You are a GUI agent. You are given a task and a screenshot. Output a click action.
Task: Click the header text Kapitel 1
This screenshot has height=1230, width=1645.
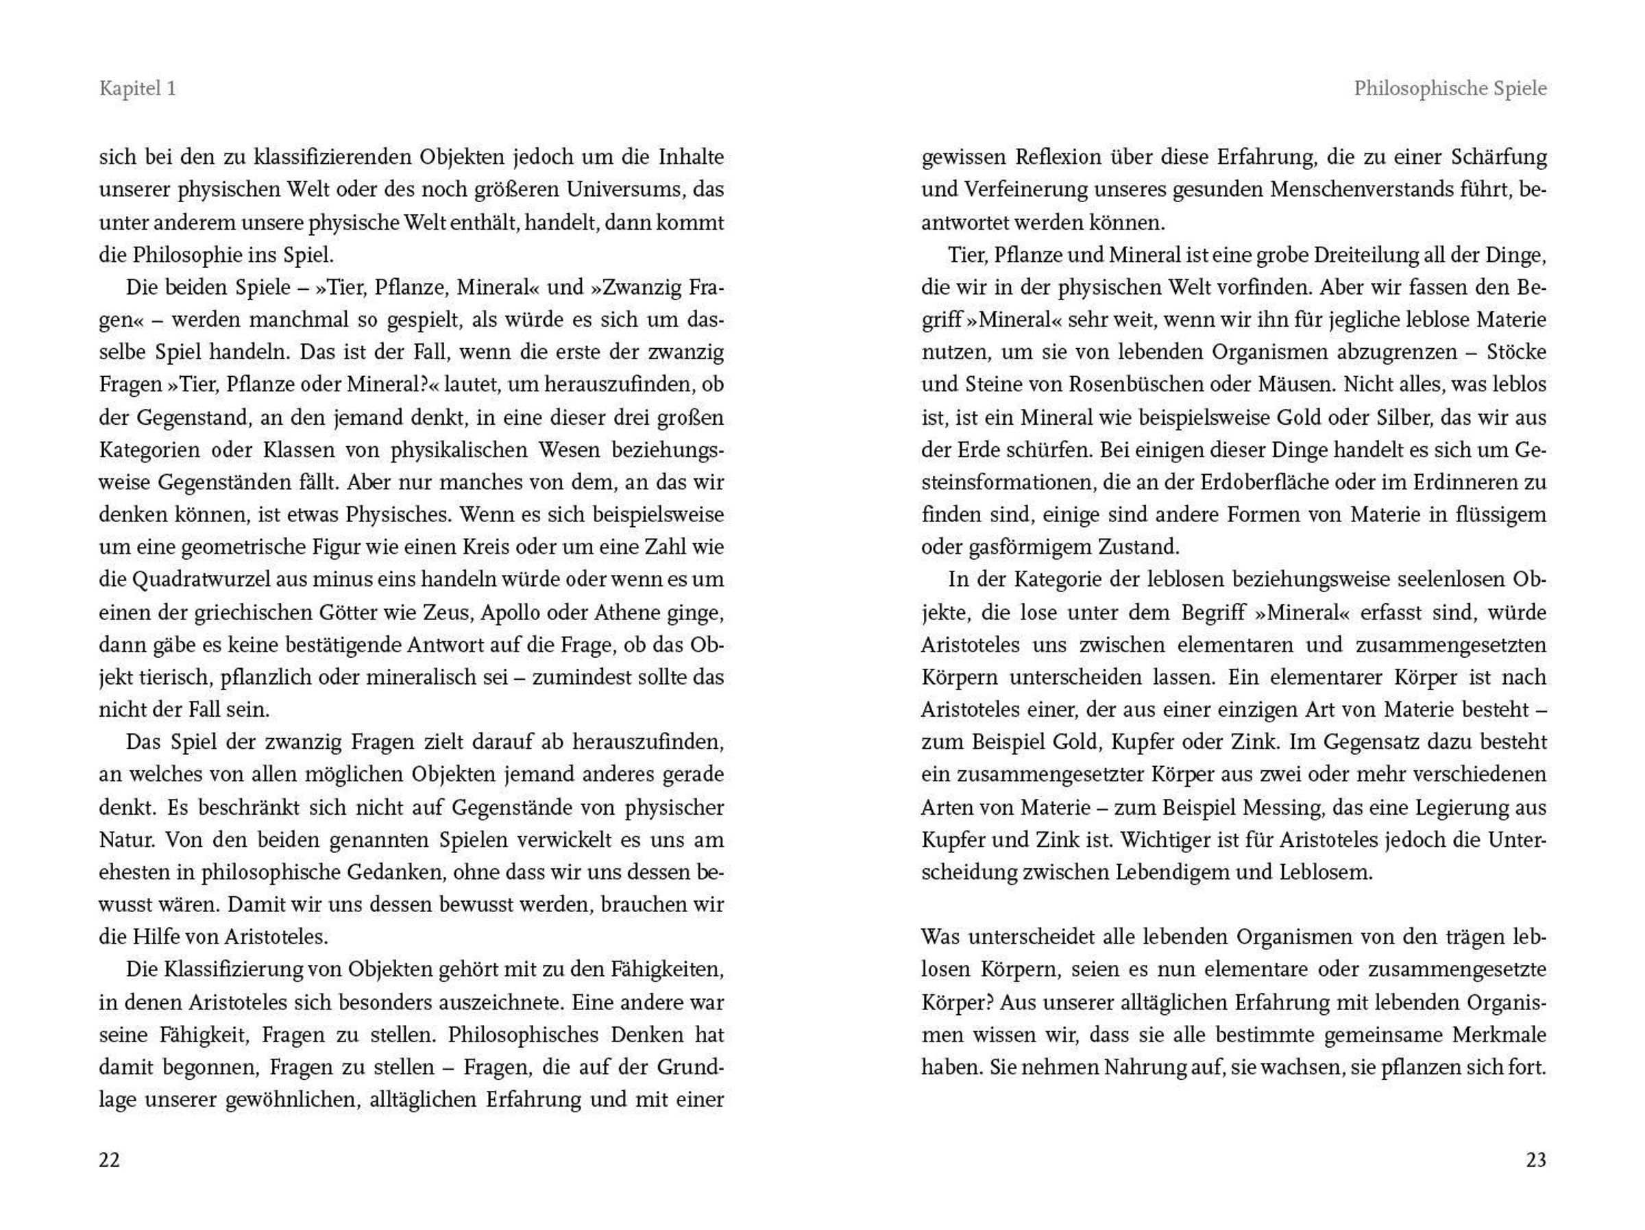pyautogui.click(x=138, y=88)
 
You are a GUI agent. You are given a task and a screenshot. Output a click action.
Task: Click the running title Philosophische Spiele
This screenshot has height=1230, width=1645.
pyautogui.click(x=1450, y=88)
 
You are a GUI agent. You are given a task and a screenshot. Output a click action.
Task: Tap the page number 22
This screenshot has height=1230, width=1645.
pyautogui.click(x=109, y=1159)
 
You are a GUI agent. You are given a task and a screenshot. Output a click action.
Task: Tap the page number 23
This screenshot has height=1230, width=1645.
pyautogui.click(x=1536, y=1159)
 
